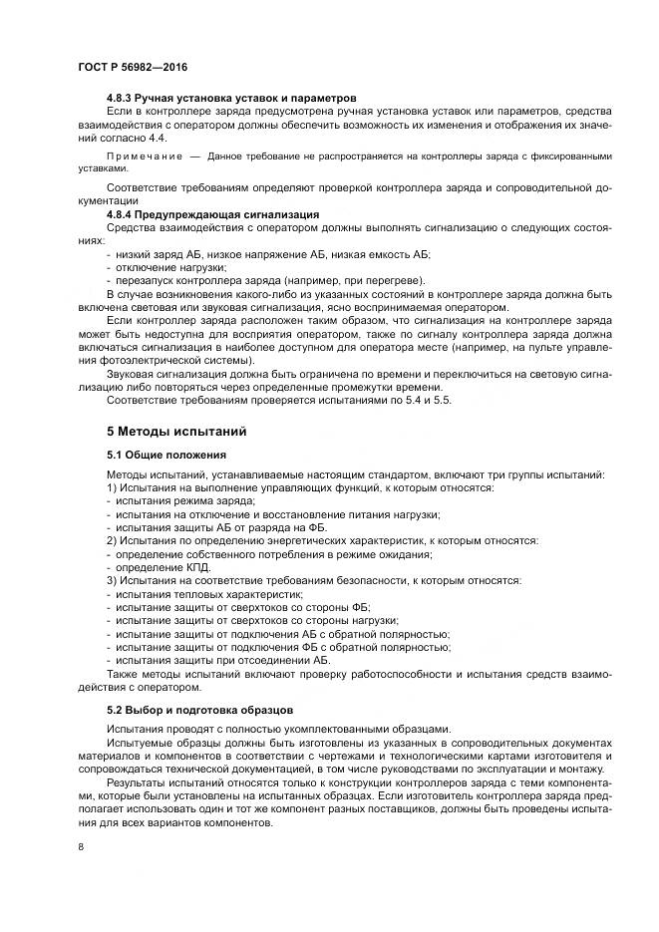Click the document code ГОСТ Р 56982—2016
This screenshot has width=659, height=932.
pos(132,66)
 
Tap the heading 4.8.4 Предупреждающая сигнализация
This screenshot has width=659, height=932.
pos(211,214)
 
